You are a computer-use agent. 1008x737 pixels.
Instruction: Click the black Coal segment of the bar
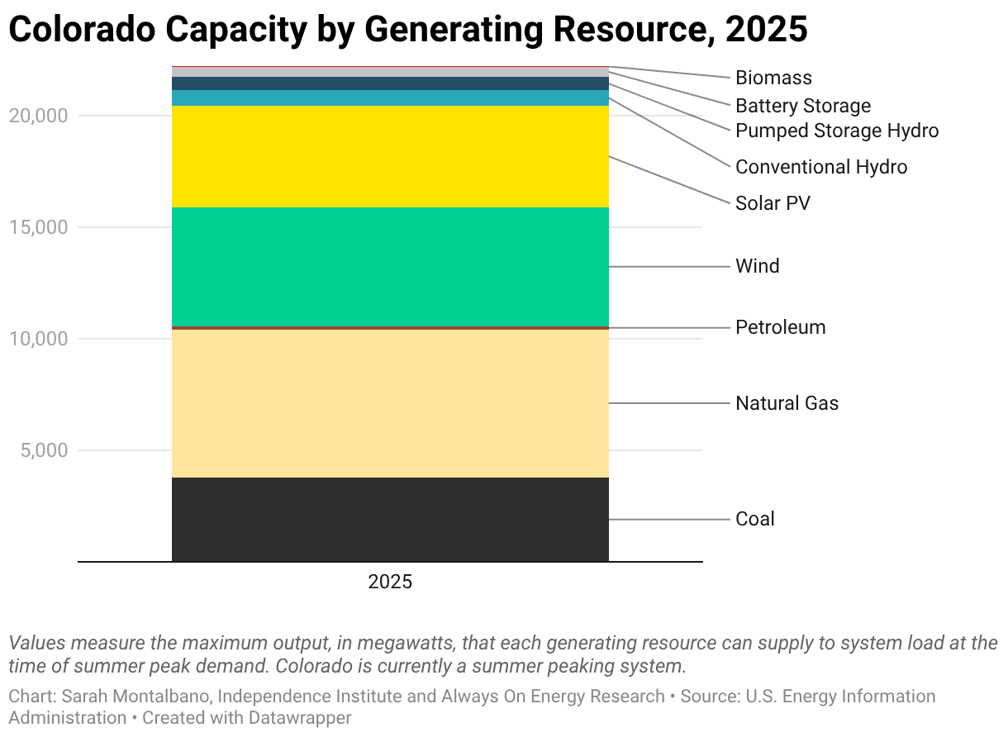390,519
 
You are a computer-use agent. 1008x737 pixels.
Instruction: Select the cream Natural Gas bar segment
390,403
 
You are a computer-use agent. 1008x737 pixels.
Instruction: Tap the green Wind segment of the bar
390,266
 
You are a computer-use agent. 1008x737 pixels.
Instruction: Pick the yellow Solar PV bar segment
390,156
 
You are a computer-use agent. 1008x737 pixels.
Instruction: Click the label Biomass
773,78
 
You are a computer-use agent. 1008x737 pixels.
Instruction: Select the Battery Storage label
802,106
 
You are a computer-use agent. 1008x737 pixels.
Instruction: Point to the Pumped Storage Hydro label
836,131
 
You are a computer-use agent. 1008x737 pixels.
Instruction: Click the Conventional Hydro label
820,167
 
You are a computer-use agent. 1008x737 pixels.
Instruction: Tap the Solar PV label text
773,202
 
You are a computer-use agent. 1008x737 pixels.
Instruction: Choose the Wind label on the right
757,266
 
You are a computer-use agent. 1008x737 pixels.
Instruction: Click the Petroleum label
780,327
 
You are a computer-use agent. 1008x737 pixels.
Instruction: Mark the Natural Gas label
787,403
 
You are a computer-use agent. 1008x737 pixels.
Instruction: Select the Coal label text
754,519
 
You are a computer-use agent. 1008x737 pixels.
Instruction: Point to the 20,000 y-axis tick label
38,116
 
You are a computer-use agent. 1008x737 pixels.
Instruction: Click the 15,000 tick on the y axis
38,227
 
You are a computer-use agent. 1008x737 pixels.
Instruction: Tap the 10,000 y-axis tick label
38,339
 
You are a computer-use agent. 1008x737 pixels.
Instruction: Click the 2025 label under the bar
390,582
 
